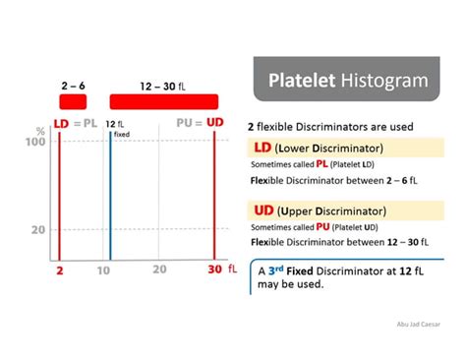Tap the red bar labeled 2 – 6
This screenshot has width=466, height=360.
point(72,101)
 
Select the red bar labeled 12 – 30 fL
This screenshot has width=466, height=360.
point(163,101)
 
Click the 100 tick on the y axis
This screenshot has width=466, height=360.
point(35,143)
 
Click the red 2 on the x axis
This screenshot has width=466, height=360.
point(59,270)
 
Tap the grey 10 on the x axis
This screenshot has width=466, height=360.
point(103,270)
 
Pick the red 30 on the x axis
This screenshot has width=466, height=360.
point(215,270)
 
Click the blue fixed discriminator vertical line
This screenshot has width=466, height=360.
point(110,197)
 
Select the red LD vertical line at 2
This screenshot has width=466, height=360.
point(59,197)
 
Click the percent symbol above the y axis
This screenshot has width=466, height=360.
point(40,130)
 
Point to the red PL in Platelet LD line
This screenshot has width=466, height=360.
point(321,164)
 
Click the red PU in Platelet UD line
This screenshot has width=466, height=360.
point(321,226)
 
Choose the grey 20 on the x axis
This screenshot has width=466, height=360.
point(159,270)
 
